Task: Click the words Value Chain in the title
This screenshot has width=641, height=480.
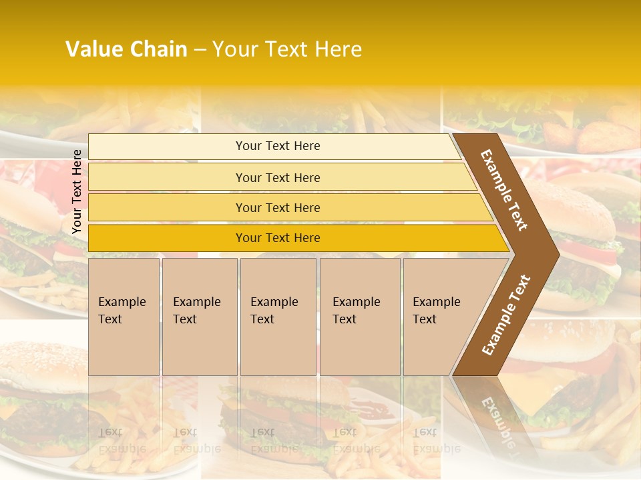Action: tap(126, 49)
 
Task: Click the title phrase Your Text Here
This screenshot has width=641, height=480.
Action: tap(287, 49)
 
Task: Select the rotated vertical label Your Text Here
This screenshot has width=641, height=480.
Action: tap(77, 192)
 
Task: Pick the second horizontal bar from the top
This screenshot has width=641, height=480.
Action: tap(278, 177)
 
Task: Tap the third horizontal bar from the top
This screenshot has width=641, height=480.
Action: tap(278, 207)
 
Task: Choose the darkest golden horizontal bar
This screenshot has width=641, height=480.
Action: tap(278, 238)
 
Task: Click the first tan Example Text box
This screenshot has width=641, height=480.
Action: tap(124, 317)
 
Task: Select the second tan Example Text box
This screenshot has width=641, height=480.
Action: tap(199, 317)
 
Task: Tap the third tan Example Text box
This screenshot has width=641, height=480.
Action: tap(278, 317)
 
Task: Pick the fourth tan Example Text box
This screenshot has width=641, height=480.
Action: tap(360, 317)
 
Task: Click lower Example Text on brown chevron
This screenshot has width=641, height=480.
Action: tap(506, 315)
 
